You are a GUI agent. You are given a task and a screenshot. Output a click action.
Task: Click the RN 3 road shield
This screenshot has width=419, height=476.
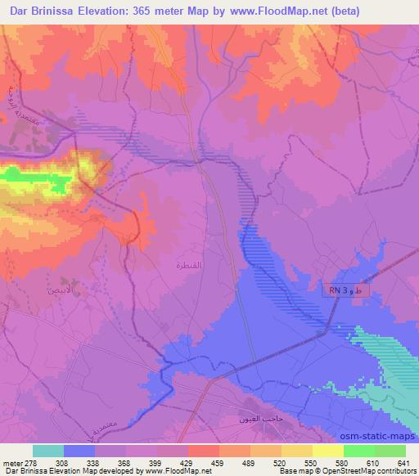(346, 291)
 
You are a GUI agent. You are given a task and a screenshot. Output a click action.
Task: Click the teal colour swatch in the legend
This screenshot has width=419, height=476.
(47, 451)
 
